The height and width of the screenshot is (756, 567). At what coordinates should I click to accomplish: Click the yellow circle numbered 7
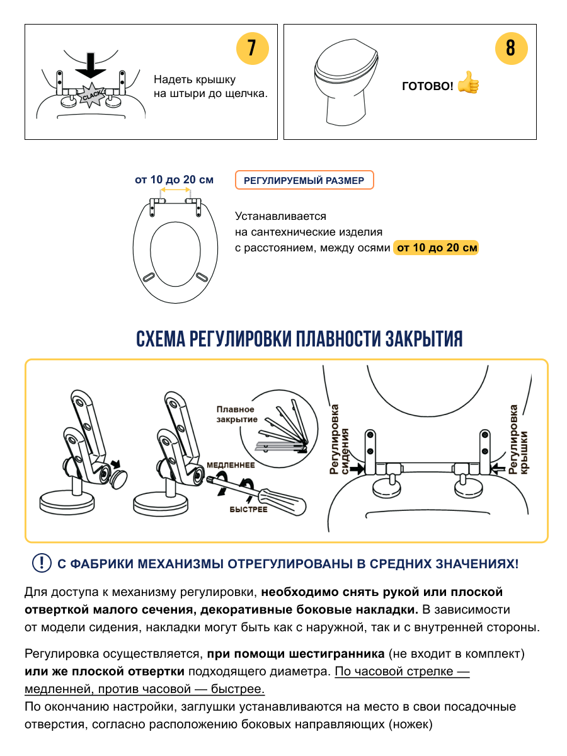(252, 49)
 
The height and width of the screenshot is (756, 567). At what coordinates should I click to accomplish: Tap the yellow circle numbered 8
(510, 49)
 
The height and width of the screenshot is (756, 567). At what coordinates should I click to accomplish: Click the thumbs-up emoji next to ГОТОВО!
(468, 83)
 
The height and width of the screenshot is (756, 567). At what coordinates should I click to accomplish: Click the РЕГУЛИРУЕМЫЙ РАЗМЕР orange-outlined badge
(304, 181)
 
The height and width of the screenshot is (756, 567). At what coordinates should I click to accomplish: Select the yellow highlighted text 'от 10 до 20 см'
(436, 248)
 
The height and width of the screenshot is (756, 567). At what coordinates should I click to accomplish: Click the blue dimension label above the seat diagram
(174, 180)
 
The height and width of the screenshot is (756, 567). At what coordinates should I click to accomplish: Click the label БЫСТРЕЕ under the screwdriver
(248, 509)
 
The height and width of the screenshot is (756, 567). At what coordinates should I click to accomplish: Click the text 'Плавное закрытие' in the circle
(236, 414)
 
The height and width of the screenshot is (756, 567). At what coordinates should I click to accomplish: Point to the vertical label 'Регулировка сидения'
(340, 439)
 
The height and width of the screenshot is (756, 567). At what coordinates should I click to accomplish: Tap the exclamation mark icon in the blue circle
(42, 563)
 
